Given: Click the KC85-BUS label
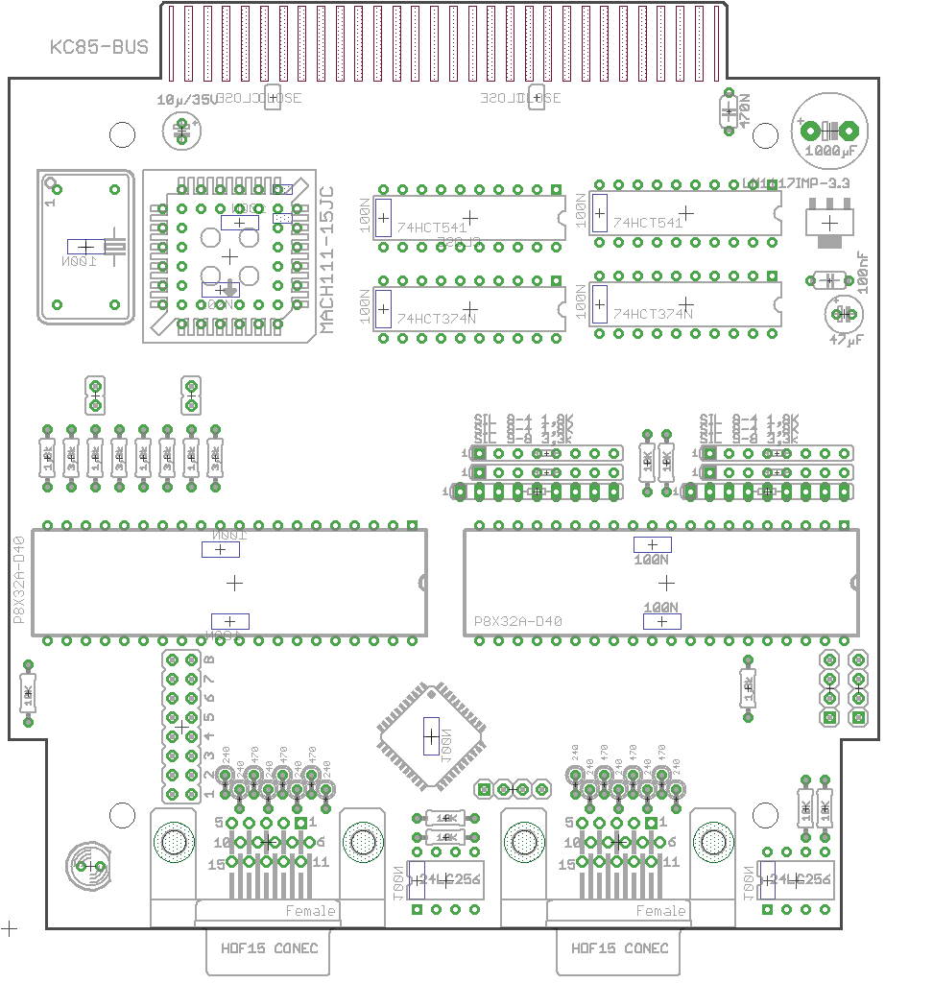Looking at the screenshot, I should point(99,46).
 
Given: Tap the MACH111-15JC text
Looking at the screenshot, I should point(326,259).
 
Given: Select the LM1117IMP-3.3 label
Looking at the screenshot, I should point(796,182).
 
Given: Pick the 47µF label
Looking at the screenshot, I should point(846,340).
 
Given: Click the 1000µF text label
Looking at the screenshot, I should point(831,151).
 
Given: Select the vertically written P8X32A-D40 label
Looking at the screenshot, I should point(19,580).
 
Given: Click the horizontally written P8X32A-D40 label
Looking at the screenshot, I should point(518,621).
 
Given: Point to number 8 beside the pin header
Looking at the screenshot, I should point(208,659).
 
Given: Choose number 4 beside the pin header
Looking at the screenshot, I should point(208,736).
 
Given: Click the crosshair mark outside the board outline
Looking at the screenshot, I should point(10,928).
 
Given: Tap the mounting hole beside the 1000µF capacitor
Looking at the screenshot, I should point(764,137).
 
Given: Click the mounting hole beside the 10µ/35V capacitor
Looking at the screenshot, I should point(123,135).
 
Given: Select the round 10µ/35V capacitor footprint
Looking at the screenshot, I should point(182,132).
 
